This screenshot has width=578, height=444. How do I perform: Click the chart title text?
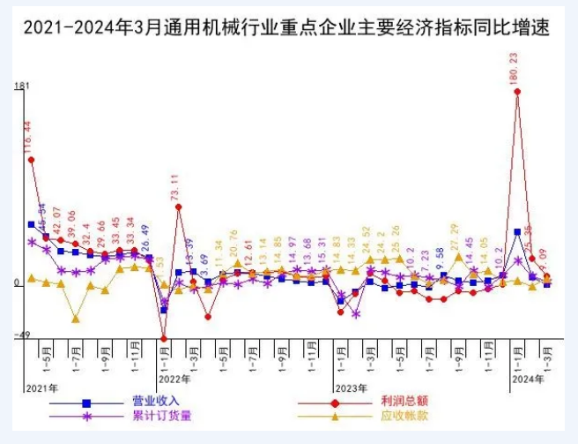(x=286, y=28)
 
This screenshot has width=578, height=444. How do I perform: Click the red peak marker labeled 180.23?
(x=517, y=91)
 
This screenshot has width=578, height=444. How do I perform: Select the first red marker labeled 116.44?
(x=32, y=160)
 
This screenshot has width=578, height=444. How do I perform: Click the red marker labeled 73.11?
(x=179, y=207)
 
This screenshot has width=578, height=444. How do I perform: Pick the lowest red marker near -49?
(x=164, y=338)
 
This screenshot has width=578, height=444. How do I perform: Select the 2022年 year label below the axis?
(x=174, y=379)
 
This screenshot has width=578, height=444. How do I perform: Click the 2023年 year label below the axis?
(x=351, y=388)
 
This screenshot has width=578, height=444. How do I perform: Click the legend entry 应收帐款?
(x=404, y=416)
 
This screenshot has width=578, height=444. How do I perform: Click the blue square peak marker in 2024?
(x=517, y=232)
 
